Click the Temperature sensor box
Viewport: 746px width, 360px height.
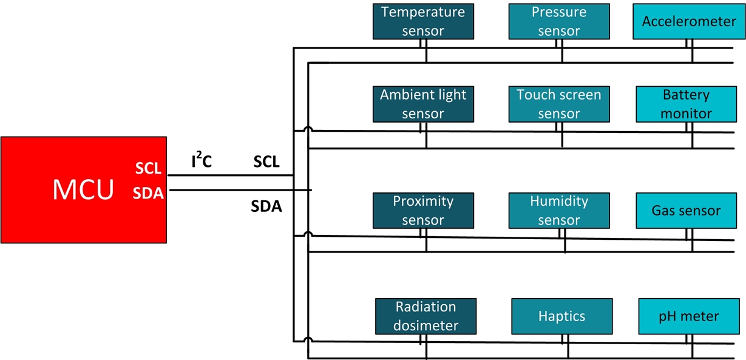point(423,21)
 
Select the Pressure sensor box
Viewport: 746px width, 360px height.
point(559,21)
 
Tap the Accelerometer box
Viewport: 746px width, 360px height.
point(689,21)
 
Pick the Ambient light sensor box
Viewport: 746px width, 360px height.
point(423,104)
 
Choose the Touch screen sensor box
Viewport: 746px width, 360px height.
point(559,104)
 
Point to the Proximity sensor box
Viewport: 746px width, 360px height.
point(423,210)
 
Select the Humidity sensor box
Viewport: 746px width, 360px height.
point(559,210)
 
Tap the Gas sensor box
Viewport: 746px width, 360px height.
point(686,210)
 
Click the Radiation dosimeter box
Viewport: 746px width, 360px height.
point(426,316)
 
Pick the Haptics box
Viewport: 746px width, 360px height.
point(561,316)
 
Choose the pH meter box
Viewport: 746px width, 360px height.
point(688,316)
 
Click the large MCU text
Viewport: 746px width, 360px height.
point(83,190)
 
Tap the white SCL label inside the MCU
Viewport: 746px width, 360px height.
point(148,169)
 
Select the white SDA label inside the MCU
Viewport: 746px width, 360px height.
point(148,194)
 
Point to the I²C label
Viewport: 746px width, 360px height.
point(202,162)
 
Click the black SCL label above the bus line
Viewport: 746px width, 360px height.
point(266,162)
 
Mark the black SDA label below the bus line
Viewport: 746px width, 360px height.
point(266,206)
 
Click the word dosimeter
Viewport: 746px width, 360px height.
point(426,325)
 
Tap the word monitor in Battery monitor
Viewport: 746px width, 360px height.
point(686,113)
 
